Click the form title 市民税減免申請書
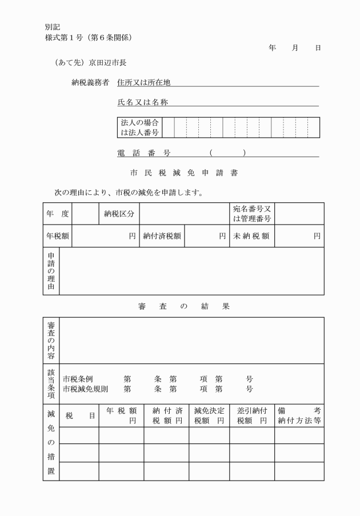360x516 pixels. [180, 173]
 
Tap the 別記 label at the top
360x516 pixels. [53, 27]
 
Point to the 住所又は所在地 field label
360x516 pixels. [143, 82]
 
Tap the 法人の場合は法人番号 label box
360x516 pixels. [139, 128]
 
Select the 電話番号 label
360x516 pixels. [143, 153]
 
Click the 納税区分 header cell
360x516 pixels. [119, 214]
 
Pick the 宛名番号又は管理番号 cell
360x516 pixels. [251, 214]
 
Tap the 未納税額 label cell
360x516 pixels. [251, 236]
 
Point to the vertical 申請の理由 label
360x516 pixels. [51, 271]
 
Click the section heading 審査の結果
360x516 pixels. [183, 306]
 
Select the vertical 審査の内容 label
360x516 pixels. [51, 341]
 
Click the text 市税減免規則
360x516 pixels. [85, 389]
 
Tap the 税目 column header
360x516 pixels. [80, 416]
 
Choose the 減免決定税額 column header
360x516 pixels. [209, 415]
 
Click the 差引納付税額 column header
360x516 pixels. [252, 415]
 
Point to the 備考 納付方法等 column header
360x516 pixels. [299, 415]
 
